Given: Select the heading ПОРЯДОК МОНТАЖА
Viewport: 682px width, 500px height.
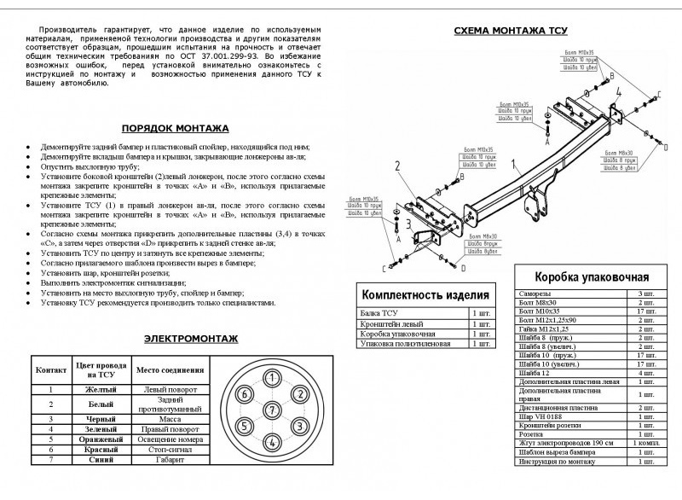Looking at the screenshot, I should point(175,128).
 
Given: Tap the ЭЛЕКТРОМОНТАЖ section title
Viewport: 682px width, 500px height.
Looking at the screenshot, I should point(190,339).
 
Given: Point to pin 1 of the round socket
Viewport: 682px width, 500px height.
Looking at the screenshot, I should point(271,379).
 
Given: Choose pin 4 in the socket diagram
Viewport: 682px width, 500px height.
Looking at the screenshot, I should point(271,442).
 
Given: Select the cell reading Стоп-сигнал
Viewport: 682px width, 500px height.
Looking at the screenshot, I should point(170,449).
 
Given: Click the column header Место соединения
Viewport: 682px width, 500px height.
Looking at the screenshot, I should point(170,370).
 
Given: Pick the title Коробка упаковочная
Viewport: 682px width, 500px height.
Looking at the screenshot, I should point(592,277).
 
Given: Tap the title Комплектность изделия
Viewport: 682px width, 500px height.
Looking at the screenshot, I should point(425,295).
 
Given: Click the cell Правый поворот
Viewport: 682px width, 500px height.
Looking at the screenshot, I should point(170,428).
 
